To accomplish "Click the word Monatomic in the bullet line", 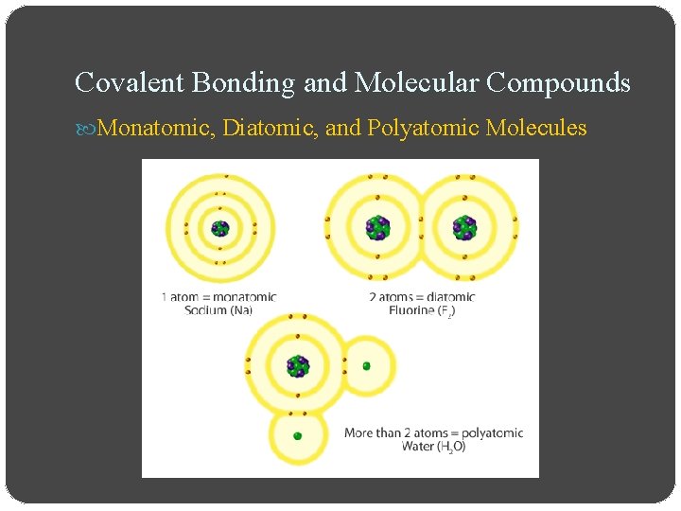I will tap(156, 128).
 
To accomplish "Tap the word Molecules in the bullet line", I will tap(536, 128).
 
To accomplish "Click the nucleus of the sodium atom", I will tap(220, 227).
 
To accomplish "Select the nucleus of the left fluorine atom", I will tap(378, 228).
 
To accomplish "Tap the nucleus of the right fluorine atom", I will tap(463, 228).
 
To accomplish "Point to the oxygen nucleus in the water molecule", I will tap(298, 366).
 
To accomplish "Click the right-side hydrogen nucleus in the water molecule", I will tap(366, 366).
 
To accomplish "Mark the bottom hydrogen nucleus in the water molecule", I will tap(297, 435).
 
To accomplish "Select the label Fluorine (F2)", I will tap(421, 310).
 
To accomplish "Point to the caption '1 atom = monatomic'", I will tap(218, 297).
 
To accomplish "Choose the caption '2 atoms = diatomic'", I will tap(422, 297).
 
